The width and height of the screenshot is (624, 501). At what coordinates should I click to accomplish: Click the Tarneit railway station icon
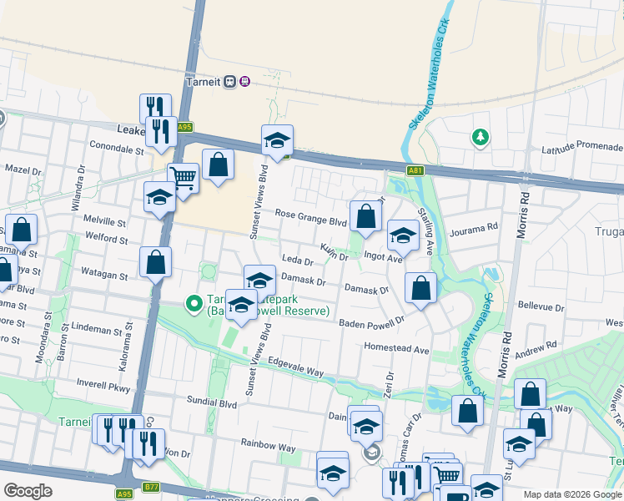point(244,81)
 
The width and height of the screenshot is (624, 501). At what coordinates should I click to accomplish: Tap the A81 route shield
point(415,170)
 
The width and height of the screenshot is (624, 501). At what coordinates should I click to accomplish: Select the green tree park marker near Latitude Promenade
point(480,136)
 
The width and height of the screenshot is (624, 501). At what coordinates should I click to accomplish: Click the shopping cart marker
point(184,178)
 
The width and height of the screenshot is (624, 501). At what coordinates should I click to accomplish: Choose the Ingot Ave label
point(383,257)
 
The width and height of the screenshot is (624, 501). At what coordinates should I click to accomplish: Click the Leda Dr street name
point(297,261)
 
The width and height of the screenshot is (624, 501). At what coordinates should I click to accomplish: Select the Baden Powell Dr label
point(371,321)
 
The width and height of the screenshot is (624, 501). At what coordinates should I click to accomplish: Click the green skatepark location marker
point(194,303)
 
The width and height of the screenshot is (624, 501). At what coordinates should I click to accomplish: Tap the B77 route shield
point(151,487)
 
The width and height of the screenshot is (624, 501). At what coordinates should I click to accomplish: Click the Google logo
point(28,490)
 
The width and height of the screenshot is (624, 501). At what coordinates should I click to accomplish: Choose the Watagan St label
point(103,274)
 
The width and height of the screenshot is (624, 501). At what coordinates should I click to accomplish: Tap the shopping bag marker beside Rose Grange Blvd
point(365,216)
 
